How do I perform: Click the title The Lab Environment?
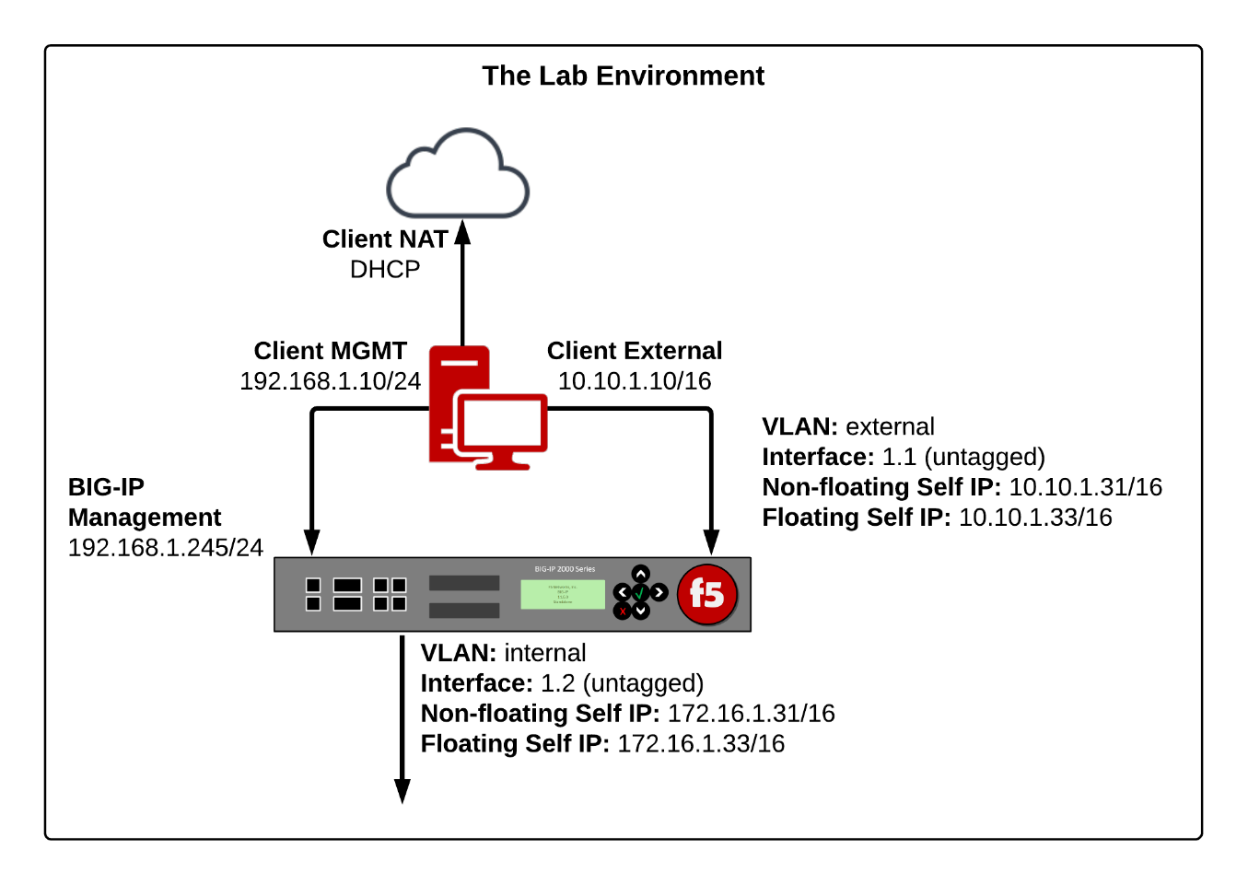tap(623, 76)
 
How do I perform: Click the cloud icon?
tap(458, 175)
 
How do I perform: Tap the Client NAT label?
tap(384, 239)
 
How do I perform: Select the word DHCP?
tap(385, 269)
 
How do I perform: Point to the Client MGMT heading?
tap(330, 351)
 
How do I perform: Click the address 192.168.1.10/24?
tap(330, 381)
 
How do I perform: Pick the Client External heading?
tap(634, 351)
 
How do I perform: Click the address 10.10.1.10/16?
tap(634, 381)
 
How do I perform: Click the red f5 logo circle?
tap(707, 594)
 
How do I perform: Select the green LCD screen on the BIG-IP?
tap(563, 594)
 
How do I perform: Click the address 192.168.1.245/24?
tap(166, 548)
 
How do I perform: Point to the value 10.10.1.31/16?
tap(1085, 487)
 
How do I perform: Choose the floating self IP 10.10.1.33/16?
tap(1035, 518)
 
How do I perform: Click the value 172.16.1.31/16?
tap(751, 714)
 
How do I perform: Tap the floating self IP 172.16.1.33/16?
tap(701, 744)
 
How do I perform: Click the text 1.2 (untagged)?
tap(622, 683)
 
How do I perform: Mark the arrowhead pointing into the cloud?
tap(462, 232)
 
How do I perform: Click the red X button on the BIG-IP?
tap(623, 611)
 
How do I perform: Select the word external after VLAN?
tap(890, 427)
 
